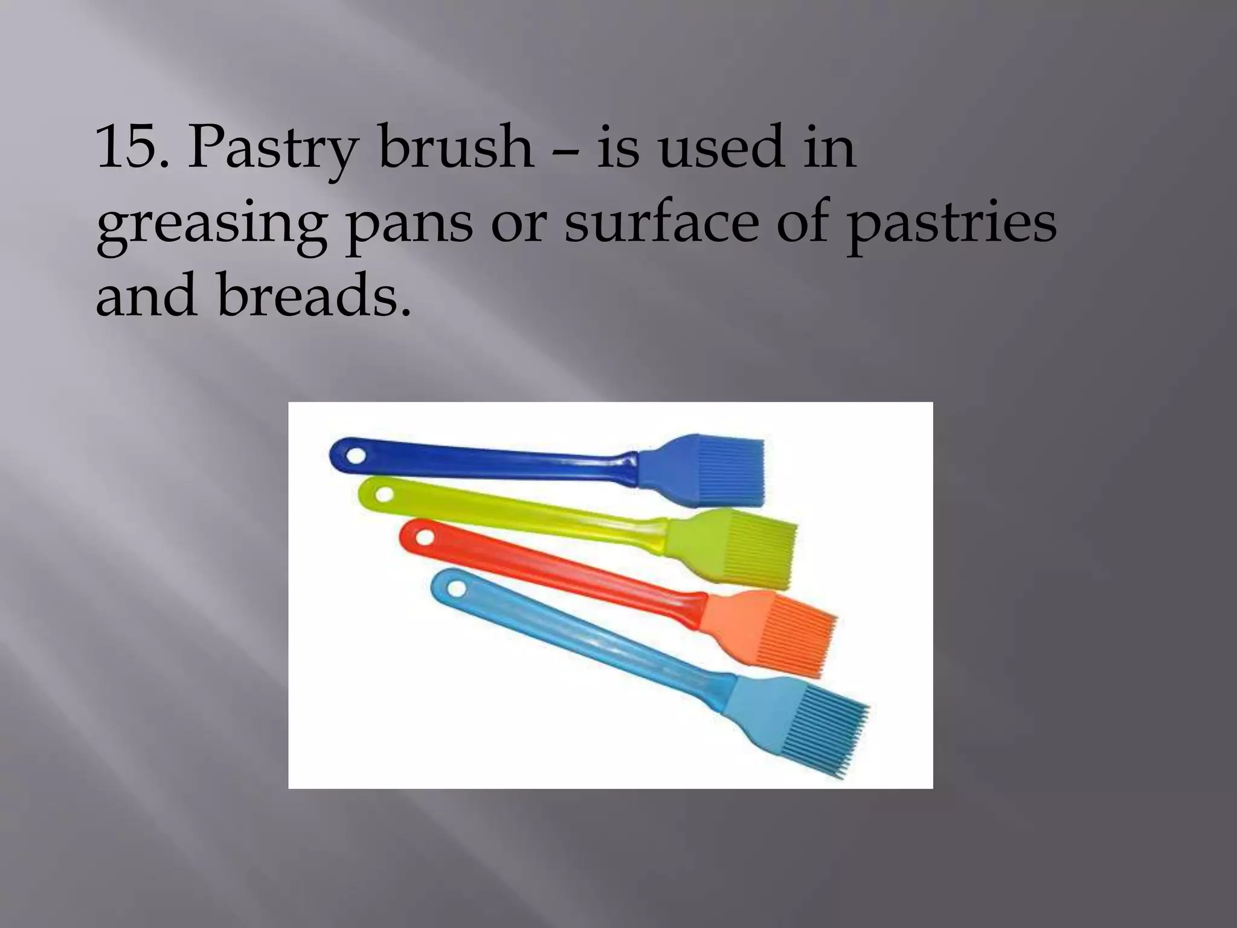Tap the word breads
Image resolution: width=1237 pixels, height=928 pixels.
click(313, 295)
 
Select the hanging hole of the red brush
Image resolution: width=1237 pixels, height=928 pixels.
click(426, 534)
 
